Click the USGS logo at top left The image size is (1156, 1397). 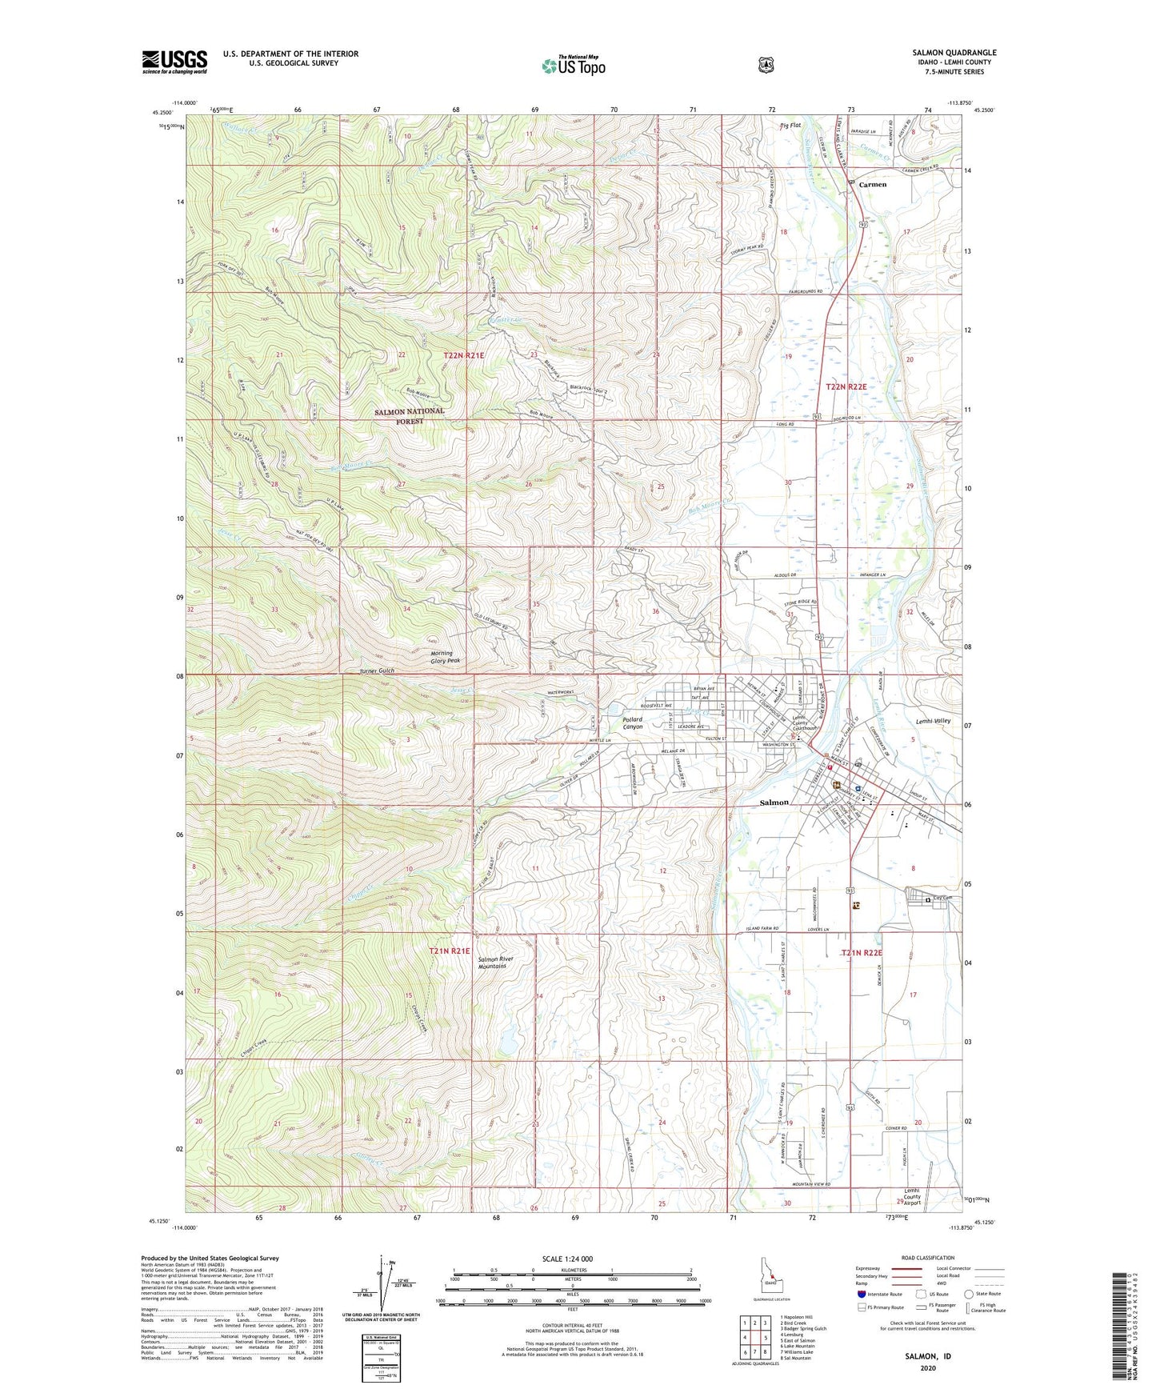click(174, 62)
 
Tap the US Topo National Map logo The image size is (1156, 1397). click(573, 65)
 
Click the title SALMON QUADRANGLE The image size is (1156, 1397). click(954, 53)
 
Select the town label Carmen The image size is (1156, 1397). click(873, 185)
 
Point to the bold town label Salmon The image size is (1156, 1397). click(774, 803)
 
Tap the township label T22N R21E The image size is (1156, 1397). click(470, 354)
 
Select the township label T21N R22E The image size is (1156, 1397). click(862, 953)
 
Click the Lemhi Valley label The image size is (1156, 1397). click(933, 722)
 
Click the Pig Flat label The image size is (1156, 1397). click(790, 126)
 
